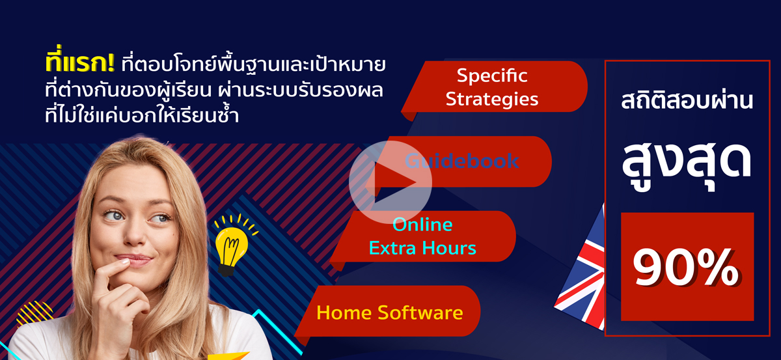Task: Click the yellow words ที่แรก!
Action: pos(80,62)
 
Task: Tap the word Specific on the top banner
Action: pos(492,76)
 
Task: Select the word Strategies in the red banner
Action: pos(492,99)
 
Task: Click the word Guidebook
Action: pos(461,161)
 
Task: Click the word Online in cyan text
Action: pos(422,225)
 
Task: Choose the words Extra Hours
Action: pos(422,248)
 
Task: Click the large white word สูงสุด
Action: pos(686,165)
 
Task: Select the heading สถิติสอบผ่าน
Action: pos(687,100)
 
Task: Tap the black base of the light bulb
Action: pos(226,270)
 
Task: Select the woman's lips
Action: pos(133,260)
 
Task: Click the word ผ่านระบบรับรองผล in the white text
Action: pos(301,90)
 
